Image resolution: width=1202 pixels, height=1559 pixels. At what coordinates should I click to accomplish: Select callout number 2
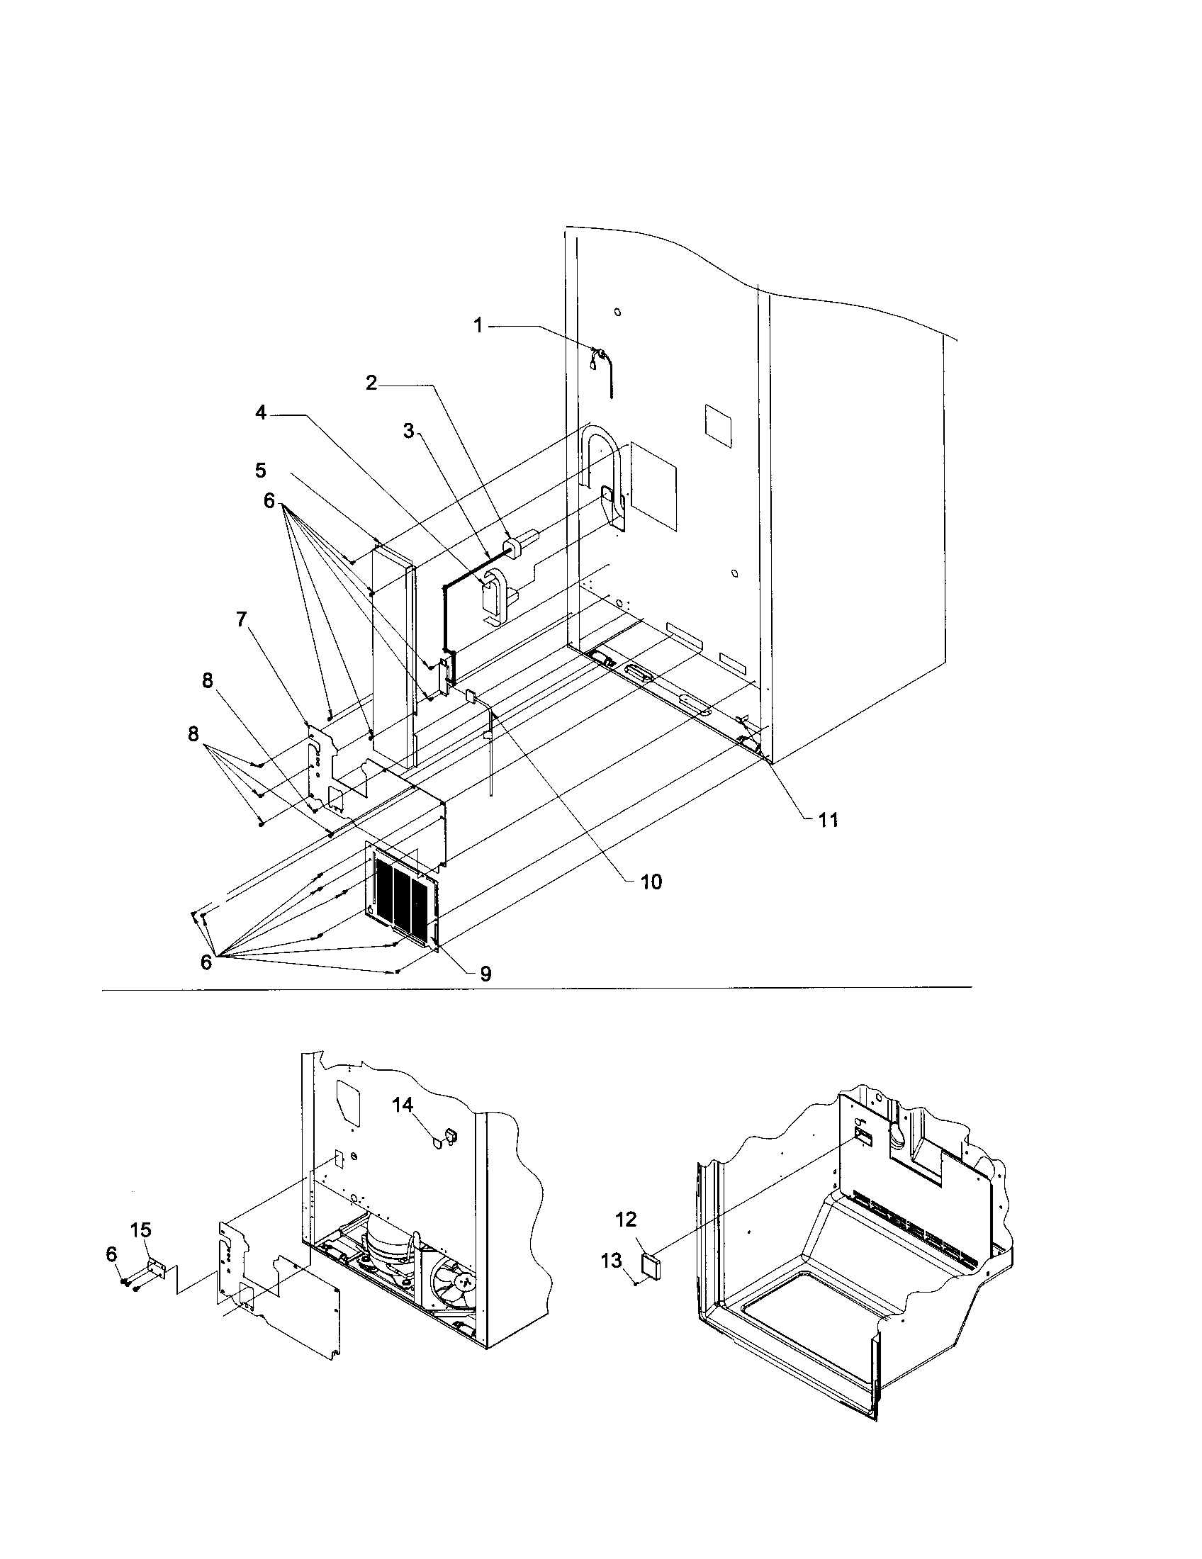coord(371,382)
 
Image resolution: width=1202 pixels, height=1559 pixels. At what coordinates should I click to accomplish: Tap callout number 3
coord(408,431)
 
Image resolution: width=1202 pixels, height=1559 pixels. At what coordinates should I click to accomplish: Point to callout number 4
coord(262,412)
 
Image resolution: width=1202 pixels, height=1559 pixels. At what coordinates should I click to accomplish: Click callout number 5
coord(261,470)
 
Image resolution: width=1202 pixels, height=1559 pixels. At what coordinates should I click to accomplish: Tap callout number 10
coord(650,882)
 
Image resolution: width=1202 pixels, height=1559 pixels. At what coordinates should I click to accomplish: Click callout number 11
coord(827,820)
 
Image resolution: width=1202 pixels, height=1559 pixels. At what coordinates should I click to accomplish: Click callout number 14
coord(402,1104)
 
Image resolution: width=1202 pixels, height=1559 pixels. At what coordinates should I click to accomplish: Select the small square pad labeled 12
coord(651,1266)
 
